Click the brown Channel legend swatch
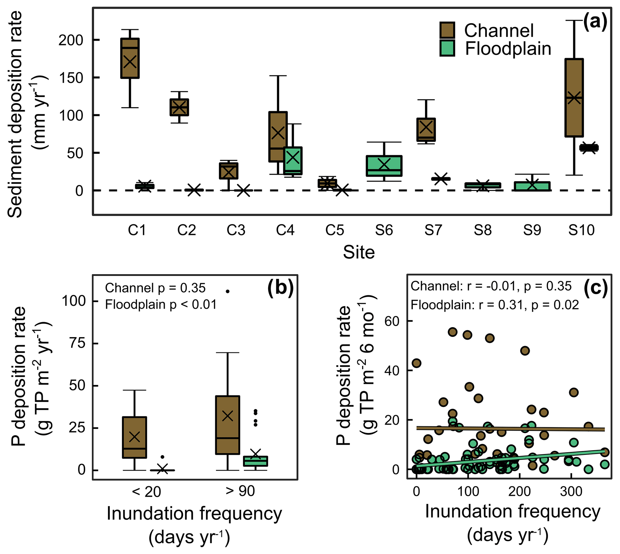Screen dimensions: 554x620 point(447,30)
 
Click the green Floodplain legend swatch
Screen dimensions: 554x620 point(447,49)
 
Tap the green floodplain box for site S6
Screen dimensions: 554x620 point(384,166)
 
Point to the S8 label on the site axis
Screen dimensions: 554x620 point(483,230)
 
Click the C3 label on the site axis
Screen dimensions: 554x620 point(236,230)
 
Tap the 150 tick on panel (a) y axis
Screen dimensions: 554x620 point(71,78)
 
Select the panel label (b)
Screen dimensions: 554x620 point(280,288)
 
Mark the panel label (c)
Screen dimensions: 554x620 point(596,288)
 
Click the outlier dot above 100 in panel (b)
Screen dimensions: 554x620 point(228,292)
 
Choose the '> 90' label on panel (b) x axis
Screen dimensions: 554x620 point(240,491)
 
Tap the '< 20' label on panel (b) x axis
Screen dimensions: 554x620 point(146,492)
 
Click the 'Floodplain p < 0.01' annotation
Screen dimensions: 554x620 point(161,305)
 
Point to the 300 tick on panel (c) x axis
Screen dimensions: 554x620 point(571,491)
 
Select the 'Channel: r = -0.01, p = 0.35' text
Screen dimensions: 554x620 point(491,286)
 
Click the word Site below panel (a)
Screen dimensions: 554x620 point(359,252)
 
